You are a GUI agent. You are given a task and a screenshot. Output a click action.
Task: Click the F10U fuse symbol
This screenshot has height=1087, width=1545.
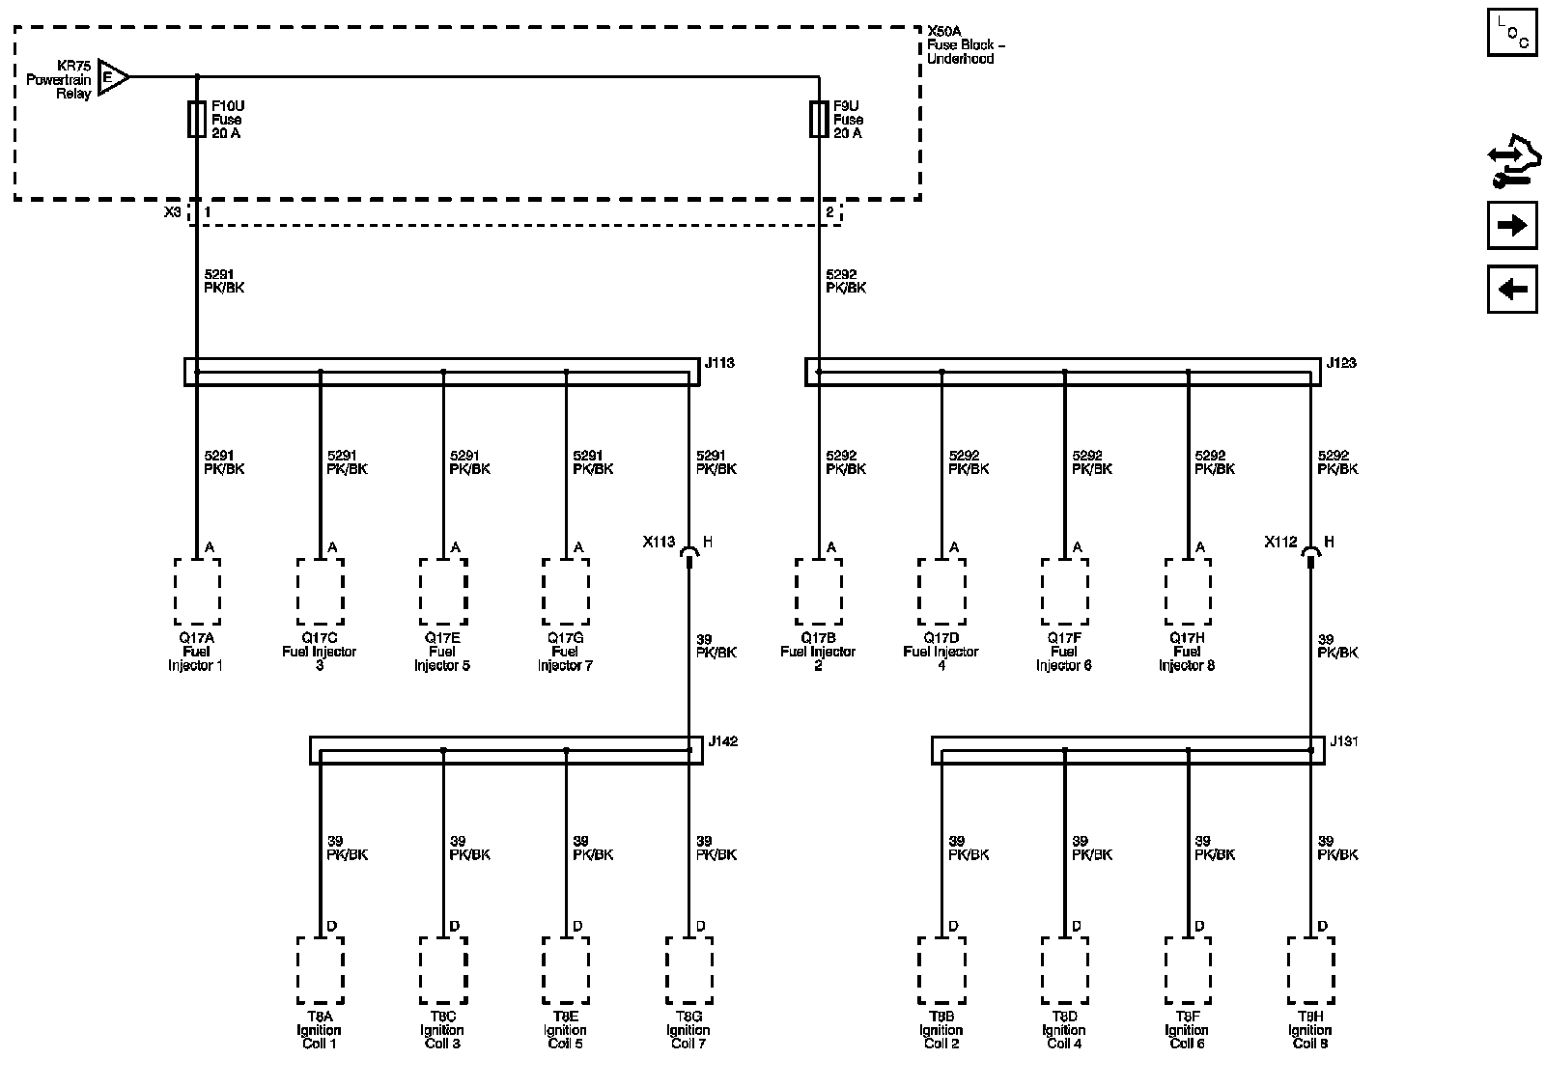[x=197, y=121]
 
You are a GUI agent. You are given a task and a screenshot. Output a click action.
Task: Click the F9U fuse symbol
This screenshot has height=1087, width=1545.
[x=819, y=121]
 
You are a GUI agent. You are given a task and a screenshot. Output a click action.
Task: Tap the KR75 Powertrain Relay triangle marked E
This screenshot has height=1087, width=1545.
[x=111, y=77]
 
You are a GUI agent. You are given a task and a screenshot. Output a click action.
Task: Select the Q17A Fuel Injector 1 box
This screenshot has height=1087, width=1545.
[x=197, y=591]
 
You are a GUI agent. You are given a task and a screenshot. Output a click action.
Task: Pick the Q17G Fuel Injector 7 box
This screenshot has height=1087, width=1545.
[x=566, y=591]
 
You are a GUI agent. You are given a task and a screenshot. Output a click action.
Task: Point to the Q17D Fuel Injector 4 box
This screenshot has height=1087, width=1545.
[x=941, y=591]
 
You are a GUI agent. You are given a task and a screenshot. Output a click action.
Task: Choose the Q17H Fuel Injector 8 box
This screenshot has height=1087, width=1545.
[x=1188, y=591]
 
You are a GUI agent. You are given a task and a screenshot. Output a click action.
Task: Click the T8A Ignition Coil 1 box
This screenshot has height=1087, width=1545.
[x=320, y=970]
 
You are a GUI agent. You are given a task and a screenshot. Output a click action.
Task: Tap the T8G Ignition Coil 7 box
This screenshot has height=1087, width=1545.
[x=688, y=970]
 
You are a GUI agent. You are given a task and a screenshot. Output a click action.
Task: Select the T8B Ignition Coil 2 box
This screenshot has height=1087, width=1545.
[x=941, y=970]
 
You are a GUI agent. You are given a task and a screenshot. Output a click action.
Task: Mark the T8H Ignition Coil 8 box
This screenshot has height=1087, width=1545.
[x=1310, y=970]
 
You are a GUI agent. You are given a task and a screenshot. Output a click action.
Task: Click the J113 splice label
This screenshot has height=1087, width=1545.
[x=719, y=364]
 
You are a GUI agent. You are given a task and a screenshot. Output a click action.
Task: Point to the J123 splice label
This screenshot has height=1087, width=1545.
[x=1341, y=364]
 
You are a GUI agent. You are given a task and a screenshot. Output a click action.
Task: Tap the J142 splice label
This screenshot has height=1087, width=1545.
[x=723, y=742]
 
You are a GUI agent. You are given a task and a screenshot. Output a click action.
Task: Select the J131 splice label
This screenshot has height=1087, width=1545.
[x=1344, y=742]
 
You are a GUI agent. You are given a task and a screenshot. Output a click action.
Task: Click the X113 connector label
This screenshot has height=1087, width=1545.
[x=659, y=543]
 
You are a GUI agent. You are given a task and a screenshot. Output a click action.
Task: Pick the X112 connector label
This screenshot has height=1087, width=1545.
[x=1280, y=543]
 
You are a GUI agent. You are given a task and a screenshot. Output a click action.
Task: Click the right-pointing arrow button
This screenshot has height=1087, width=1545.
[x=1511, y=226]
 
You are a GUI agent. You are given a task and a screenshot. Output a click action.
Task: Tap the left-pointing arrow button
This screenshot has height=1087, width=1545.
[x=1511, y=289]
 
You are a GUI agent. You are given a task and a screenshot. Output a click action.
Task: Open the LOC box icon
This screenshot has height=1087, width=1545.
[x=1511, y=32]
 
